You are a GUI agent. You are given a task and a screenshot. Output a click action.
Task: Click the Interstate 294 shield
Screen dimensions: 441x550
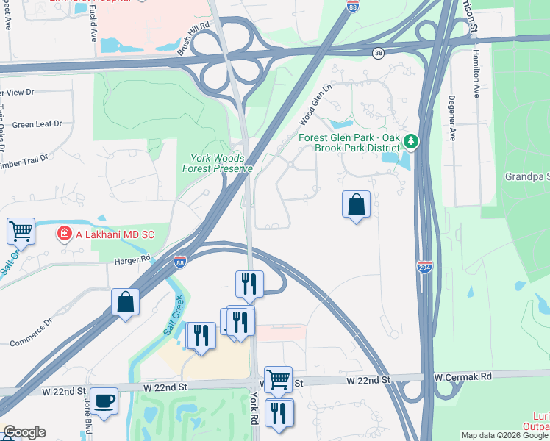pos(424,266)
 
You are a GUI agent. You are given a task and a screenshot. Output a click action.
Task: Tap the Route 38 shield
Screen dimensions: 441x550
pos(378,53)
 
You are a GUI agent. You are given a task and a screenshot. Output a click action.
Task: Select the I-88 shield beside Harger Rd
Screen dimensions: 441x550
pos(180,261)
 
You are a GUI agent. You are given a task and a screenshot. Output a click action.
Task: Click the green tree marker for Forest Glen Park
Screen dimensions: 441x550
pos(413,140)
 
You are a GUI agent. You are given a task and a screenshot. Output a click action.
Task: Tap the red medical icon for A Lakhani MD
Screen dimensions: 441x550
pos(65,234)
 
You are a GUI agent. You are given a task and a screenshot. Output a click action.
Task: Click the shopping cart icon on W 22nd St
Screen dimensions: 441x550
pos(278,379)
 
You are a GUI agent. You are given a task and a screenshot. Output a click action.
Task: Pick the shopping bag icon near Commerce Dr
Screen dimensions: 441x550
pos(125,301)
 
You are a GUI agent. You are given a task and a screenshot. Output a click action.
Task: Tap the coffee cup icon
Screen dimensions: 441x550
pos(104,401)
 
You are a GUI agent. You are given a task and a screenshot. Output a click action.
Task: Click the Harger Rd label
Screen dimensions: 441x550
pos(132,259)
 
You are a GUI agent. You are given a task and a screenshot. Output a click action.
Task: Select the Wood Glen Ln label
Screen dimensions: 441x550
pos(316,104)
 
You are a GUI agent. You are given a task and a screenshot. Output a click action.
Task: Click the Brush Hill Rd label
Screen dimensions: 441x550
pos(193,37)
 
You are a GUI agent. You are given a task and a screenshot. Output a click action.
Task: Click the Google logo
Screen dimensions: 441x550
pos(24,432)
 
